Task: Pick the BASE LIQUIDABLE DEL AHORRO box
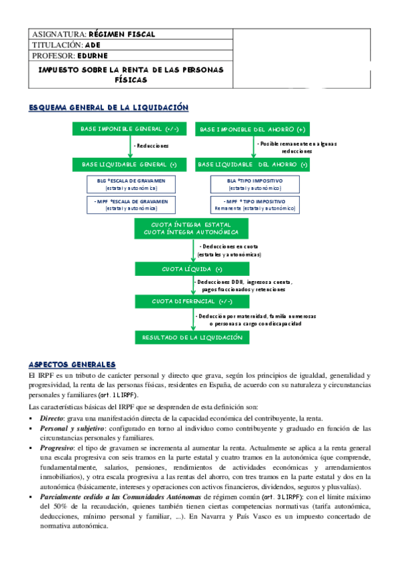253,164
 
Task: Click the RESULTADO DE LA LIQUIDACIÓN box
193,338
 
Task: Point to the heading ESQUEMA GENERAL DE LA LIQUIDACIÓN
109,107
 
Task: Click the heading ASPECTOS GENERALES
72,364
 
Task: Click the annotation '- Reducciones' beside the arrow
151,145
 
